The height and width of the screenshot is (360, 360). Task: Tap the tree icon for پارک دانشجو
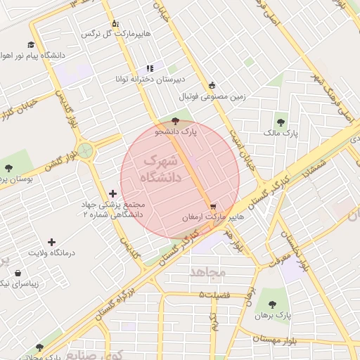coord(175,121)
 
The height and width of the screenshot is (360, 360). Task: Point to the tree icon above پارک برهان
coord(273,304)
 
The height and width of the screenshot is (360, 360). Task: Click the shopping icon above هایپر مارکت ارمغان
coord(213,206)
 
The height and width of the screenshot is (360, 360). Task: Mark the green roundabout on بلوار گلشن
coord(85,150)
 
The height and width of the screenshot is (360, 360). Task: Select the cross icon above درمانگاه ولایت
coord(51,242)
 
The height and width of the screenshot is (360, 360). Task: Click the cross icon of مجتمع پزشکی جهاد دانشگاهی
coord(112,193)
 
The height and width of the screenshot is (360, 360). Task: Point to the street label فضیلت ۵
coord(214,295)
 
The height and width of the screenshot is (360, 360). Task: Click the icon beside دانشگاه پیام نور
coord(32,44)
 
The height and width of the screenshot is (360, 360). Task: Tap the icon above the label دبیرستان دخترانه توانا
coord(150,68)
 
